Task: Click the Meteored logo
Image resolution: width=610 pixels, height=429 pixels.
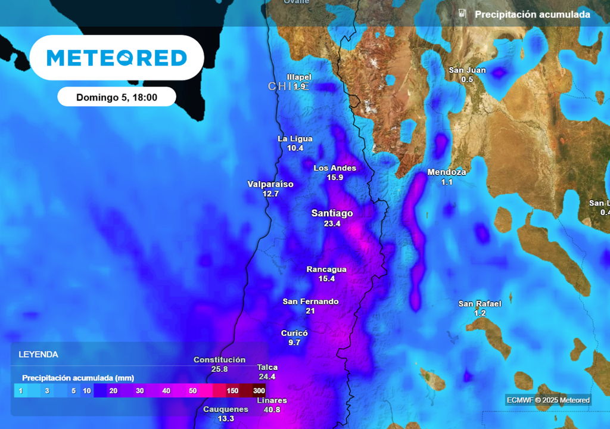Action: (117, 58)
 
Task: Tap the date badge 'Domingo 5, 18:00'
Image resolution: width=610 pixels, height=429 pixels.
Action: (117, 97)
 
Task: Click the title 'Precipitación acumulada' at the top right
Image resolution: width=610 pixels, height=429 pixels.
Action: (532, 14)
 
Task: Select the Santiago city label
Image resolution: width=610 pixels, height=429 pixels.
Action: (332, 213)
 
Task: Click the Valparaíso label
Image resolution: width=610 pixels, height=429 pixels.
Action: (270, 184)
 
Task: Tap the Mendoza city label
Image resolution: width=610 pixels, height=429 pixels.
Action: (447, 172)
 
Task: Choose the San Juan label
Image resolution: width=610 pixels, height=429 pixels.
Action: (467, 70)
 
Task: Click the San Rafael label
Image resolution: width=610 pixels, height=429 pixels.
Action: (480, 304)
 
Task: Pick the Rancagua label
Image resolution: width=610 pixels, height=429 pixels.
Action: (326, 269)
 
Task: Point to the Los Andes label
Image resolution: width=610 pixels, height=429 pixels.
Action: (335, 168)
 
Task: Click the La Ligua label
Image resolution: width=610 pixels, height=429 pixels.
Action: (295, 139)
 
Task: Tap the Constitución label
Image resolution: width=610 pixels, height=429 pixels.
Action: (219, 360)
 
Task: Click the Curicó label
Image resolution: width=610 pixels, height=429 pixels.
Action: (294, 333)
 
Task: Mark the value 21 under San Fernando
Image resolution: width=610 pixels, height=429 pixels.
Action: (310, 311)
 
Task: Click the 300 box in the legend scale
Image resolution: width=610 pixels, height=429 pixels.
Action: (259, 391)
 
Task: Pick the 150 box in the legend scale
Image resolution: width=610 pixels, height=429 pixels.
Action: (232, 391)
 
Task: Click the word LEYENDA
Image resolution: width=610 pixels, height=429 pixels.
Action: (39, 355)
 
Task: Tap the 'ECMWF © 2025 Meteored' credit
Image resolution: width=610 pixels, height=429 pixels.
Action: (548, 400)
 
